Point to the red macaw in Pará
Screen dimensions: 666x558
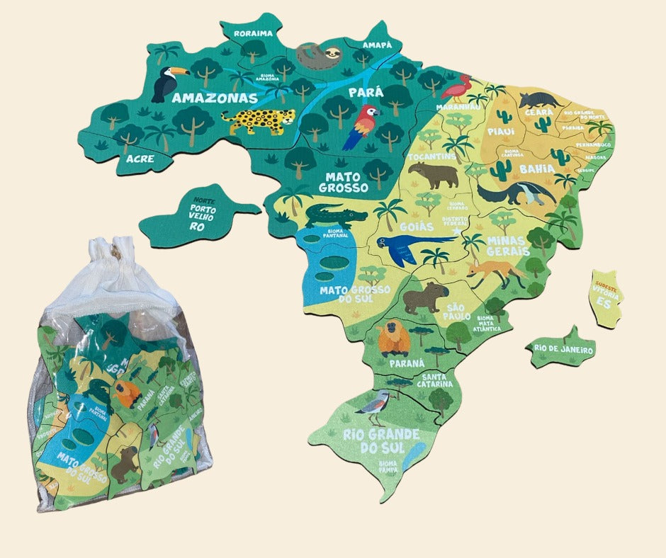[363, 125]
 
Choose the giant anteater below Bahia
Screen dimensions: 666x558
[515, 193]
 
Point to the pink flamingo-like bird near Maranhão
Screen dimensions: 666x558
[456, 88]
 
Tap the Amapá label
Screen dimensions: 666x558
[377, 44]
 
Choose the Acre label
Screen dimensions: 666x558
[140, 159]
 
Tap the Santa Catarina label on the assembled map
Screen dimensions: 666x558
[433, 380]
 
